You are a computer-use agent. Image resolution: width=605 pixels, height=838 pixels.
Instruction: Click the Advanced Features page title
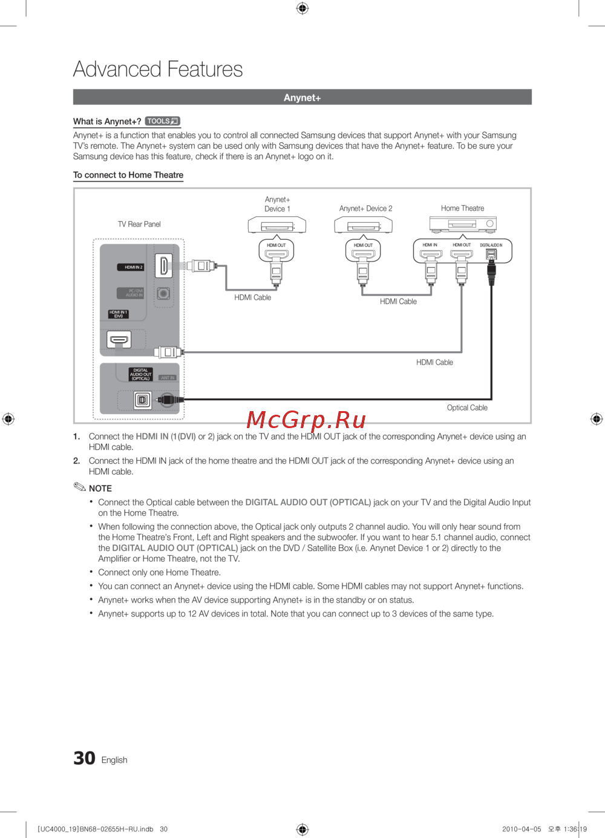pyautogui.click(x=158, y=70)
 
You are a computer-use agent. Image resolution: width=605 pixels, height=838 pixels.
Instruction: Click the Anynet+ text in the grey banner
pyautogui.click(x=302, y=97)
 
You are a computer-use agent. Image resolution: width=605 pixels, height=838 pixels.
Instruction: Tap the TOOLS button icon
pyautogui.click(x=163, y=121)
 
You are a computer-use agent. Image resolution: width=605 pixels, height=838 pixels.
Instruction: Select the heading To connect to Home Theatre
pyautogui.click(x=128, y=175)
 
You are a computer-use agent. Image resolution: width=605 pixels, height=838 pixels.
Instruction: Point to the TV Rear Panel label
pyautogui.click(x=139, y=224)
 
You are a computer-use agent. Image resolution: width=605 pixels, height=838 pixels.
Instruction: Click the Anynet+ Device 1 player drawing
pyautogui.click(x=277, y=226)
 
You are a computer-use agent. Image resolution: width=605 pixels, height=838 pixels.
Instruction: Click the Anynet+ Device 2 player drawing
pyautogui.click(x=364, y=226)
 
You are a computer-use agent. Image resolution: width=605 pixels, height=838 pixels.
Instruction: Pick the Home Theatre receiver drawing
pyautogui.click(x=463, y=224)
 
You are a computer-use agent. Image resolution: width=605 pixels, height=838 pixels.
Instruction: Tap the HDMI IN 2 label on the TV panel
pyautogui.click(x=133, y=267)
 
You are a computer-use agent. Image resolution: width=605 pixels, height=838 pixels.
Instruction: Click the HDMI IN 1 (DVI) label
pyautogui.click(x=119, y=314)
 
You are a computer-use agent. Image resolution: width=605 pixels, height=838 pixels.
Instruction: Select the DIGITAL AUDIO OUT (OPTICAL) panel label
pyautogui.click(x=140, y=374)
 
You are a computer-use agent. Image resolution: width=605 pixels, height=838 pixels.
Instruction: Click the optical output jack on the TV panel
pyautogui.click(x=143, y=400)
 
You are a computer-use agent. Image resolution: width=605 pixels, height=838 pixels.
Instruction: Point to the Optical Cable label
pyautogui.click(x=467, y=407)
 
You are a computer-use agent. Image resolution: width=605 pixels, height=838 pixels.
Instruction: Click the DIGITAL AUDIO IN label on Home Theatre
pyautogui.click(x=491, y=245)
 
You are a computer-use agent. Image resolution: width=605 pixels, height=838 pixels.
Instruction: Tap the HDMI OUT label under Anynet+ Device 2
pyautogui.click(x=363, y=245)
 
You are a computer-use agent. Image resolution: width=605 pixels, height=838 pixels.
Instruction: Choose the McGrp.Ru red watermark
pyautogui.click(x=306, y=420)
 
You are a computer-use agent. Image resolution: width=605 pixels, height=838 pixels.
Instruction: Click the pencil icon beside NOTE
pyautogui.click(x=80, y=487)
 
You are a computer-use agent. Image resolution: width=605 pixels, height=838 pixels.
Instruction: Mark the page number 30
pyautogui.click(x=84, y=758)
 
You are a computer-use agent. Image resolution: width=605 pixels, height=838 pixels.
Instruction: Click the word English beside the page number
pyautogui.click(x=114, y=760)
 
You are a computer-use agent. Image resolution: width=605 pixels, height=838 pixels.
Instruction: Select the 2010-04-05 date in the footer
pyautogui.click(x=522, y=829)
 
